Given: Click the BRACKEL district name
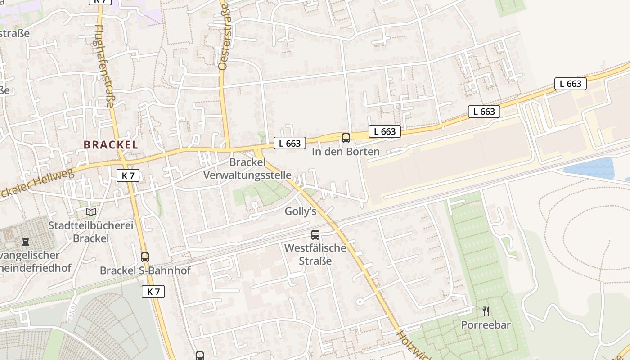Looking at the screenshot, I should [111, 145].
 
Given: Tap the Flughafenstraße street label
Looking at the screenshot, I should [105, 66].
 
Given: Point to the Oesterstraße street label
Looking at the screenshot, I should [223, 36].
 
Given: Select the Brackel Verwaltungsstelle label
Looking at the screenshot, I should [247, 169].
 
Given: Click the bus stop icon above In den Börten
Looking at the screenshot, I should [346, 138].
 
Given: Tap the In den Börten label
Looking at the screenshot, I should [346, 152].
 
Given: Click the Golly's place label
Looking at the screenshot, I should [301, 211].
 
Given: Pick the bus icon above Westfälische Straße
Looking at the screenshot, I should [315, 234].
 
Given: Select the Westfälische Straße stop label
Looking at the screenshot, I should [315, 254].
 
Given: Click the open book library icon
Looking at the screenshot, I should [91, 211].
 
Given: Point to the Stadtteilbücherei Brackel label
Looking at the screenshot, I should [91, 232].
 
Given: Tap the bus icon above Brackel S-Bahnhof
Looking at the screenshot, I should [144, 257].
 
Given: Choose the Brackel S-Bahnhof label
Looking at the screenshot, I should [145, 270].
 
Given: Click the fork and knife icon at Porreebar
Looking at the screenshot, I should [486, 311].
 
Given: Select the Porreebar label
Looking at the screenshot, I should [486, 325].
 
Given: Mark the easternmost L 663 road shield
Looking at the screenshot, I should [570, 84].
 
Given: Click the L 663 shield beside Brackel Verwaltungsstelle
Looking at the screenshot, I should [290, 144].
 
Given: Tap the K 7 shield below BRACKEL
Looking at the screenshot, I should [128, 175].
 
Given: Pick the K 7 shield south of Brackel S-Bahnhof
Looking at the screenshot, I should [153, 292].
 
